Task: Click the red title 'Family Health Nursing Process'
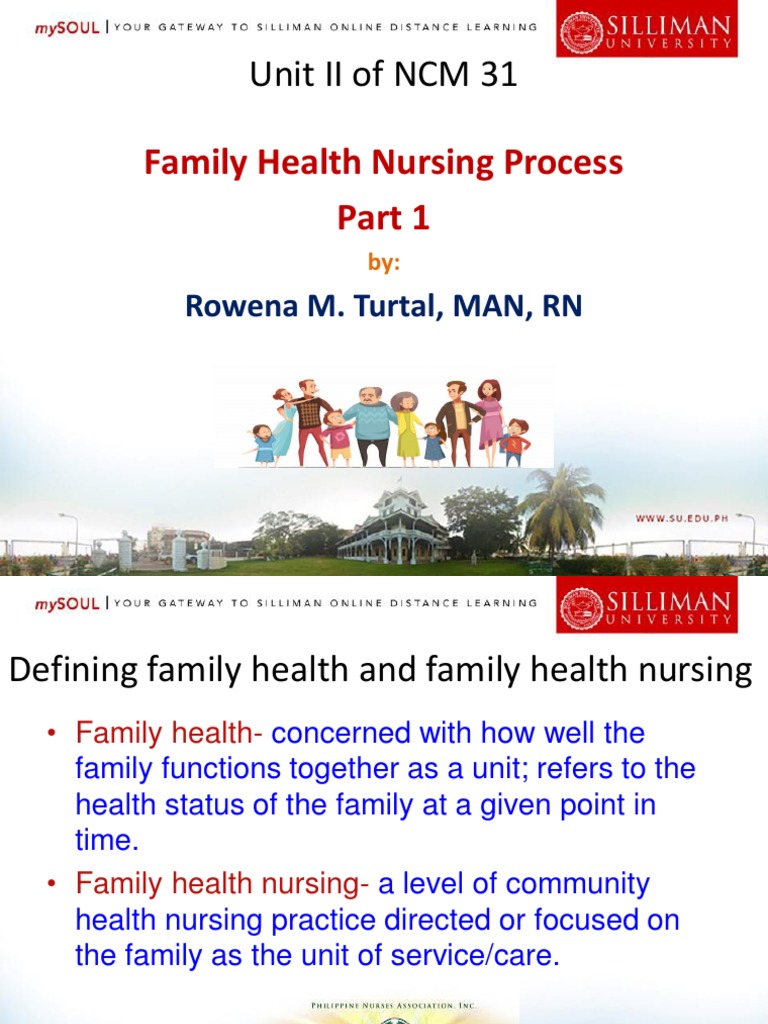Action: point(383,162)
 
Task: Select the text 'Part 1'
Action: point(383,218)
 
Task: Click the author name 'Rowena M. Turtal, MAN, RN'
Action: point(383,306)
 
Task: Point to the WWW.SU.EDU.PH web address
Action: point(695,518)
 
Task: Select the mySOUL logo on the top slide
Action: point(67,27)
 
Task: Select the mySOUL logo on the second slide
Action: point(67,603)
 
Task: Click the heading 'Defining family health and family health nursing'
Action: point(380,671)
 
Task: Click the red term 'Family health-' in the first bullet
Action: point(169,733)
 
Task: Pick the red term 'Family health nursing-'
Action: point(222,884)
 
